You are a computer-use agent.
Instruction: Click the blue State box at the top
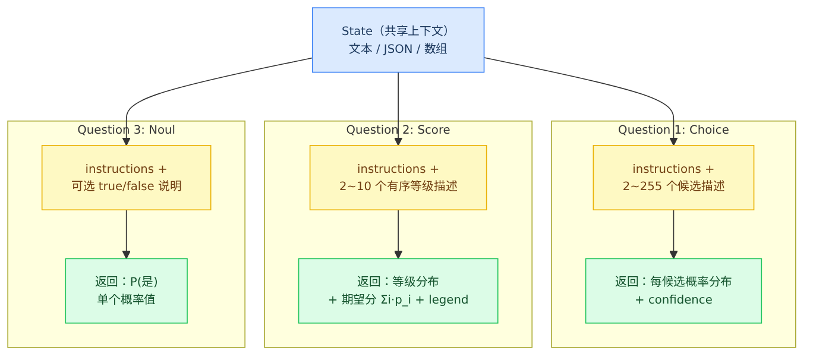[398, 40]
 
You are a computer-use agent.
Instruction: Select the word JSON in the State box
[398, 49]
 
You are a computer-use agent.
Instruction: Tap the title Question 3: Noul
[127, 130]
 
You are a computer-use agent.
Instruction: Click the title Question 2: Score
[398, 130]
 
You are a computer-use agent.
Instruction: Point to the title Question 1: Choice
[673, 130]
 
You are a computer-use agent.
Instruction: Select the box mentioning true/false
[127, 178]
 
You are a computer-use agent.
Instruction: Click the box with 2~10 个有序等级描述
[398, 178]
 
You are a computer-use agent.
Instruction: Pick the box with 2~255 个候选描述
[673, 178]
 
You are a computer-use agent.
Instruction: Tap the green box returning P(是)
[127, 290]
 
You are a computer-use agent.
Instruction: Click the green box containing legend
[398, 290]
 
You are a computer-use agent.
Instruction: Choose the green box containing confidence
[673, 290]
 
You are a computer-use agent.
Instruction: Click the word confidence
[680, 300]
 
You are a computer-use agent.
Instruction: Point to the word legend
[448, 300]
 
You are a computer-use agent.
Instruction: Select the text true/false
[127, 186]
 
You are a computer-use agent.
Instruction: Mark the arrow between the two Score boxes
[398, 234]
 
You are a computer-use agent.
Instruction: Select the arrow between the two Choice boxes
[673, 234]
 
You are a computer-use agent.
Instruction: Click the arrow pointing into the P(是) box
[127, 234]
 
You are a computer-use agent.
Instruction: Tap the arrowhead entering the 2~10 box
[398, 141]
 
